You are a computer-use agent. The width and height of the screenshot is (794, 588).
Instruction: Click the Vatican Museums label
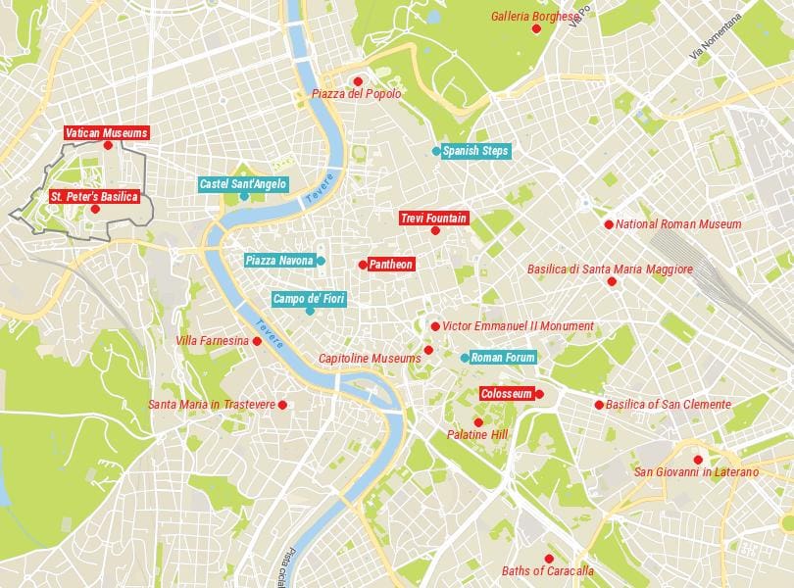[x=107, y=132]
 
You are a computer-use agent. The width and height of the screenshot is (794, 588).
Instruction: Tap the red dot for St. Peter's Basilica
[x=95, y=209]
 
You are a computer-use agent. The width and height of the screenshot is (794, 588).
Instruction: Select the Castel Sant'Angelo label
[x=243, y=183]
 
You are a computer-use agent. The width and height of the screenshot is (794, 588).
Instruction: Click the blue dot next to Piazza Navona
[x=321, y=261]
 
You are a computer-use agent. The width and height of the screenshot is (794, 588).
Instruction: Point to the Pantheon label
[x=391, y=264]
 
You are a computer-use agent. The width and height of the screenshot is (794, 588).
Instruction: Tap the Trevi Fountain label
[x=433, y=218]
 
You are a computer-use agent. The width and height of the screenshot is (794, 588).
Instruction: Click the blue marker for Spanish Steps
[x=436, y=151]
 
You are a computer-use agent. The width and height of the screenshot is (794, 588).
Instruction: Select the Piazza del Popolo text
[x=357, y=94]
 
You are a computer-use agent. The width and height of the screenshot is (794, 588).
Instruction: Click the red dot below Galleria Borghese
[x=536, y=29]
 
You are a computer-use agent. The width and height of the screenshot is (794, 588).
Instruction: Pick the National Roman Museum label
[x=678, y=224]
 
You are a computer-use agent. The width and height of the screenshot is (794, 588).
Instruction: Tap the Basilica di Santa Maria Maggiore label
[x=610, y=269]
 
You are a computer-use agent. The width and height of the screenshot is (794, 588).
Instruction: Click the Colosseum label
[x=507, y=394]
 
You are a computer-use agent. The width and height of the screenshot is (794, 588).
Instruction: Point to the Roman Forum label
[x=503, y=358]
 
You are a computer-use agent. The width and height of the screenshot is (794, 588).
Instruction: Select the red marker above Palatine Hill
[x=478, y=422]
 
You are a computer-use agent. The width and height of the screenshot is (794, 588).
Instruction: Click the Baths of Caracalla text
[x=548, y=571]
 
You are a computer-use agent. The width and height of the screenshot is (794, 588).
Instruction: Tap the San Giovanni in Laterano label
[x=696, y=472]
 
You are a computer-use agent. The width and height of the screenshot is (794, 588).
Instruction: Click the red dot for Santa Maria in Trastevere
[x=282, y=405]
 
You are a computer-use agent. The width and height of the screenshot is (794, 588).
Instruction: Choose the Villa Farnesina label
[x=212, y=341]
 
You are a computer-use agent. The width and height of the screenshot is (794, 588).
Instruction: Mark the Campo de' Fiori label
[x=308, y=297]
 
